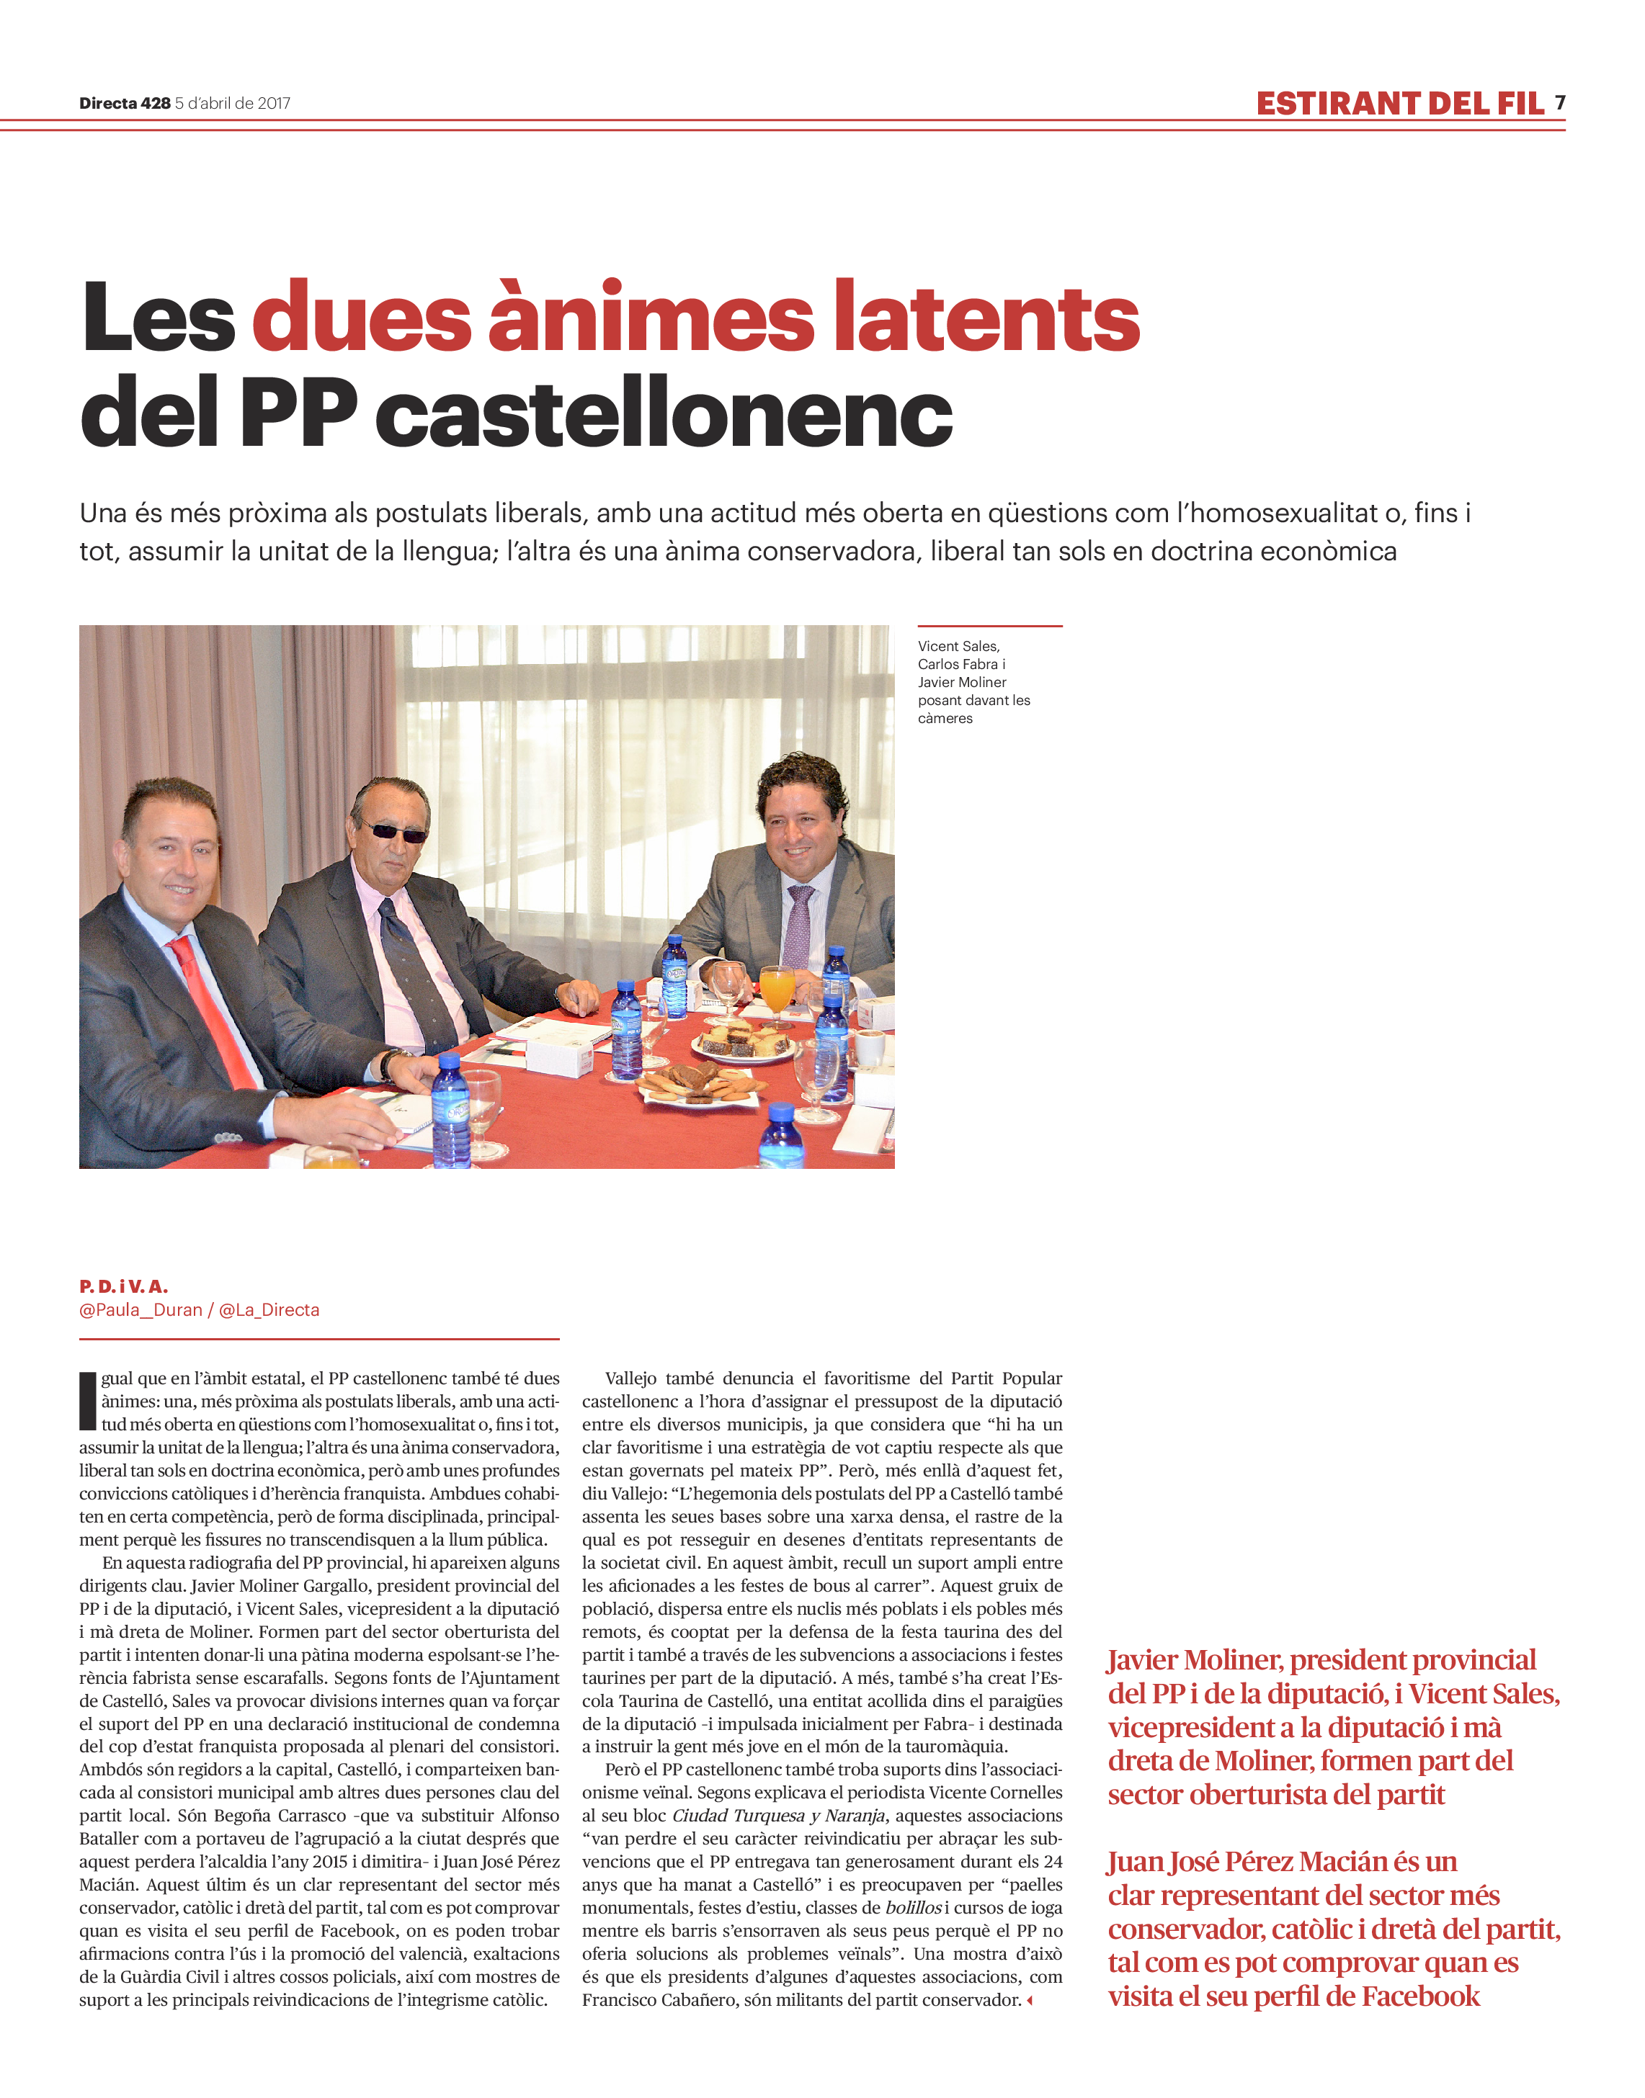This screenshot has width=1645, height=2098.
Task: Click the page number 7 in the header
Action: point(1559,103)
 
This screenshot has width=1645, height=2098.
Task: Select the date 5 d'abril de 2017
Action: point(232,104)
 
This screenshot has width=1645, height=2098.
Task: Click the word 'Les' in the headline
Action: point(159,318)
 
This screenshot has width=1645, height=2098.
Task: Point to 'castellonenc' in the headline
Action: point(664,415)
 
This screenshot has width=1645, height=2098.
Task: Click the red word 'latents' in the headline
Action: point(986,318)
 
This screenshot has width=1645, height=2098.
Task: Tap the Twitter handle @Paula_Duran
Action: point(141,1309)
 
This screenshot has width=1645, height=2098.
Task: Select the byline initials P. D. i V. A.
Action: point(123,1286)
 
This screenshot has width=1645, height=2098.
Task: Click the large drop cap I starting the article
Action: point(88,1402)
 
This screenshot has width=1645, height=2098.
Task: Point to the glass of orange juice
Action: point(775,991)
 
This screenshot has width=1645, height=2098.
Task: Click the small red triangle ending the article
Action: point(1030,2001)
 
